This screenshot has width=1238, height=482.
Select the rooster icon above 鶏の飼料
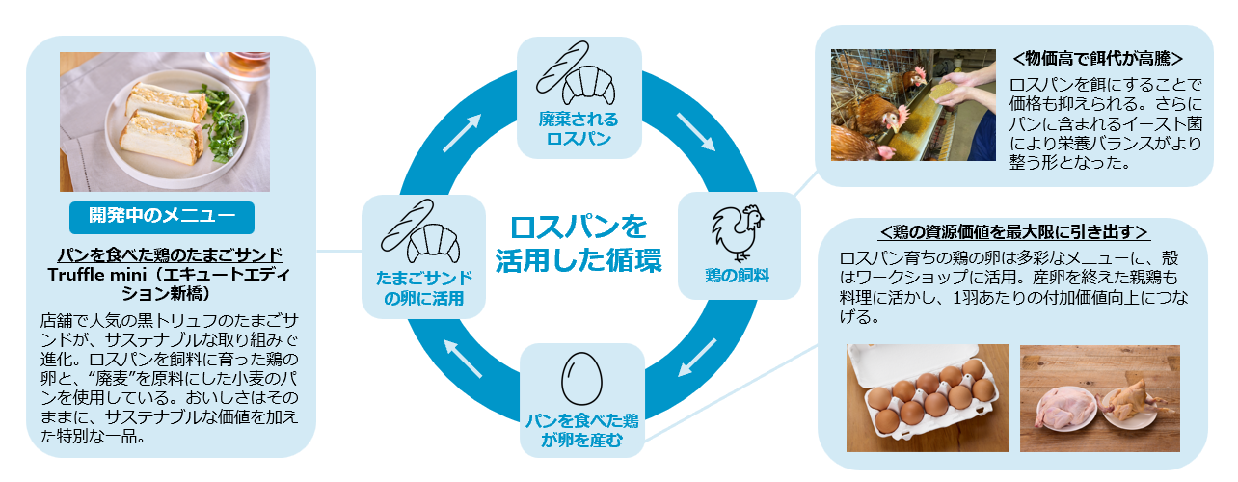coord(738,232)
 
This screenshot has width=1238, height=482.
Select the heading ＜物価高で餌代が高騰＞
coord(1097,58)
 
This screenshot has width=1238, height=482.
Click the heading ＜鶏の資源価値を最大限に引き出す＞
coord(1013,232)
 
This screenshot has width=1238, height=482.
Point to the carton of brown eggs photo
coord(927,397)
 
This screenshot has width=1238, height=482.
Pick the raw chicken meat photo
coord(1099,397)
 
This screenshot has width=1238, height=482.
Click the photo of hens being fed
coord(900,105)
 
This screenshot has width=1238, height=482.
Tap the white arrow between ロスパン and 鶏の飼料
coord(694,132)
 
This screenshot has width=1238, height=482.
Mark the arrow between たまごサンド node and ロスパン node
coord(461,134)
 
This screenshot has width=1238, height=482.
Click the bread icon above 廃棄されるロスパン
coord(579,72)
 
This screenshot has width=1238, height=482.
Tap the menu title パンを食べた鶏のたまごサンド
coord(170,254)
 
